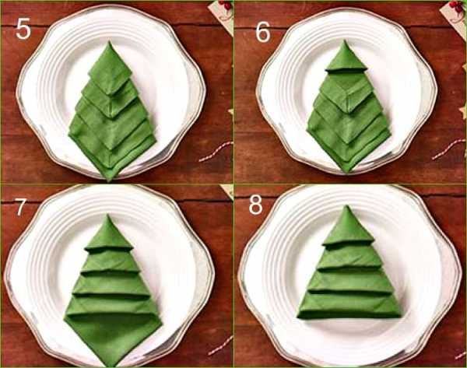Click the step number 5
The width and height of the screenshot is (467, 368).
pos(23,29)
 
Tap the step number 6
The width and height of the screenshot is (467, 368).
pos(263,32)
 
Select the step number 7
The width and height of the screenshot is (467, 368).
pos(20,207)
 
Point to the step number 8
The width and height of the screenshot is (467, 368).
pos(255,205)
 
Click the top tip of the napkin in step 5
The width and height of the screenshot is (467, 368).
pos(109,41)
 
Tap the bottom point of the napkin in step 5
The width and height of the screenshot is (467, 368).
pos(109,180)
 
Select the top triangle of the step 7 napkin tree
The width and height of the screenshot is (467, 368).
pos(108,233)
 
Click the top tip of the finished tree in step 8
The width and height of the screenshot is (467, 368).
pos(346,205)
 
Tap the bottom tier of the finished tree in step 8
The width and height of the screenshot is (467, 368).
pos(349,305)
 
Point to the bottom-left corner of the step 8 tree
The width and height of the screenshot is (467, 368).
pos(298,317)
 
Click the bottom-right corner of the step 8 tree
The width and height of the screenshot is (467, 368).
pos(401,315)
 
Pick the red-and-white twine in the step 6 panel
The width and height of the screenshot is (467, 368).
pos(448,149)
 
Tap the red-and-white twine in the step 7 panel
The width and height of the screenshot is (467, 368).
pos(220,345)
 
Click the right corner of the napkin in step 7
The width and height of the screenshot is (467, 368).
pos(161,321)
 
